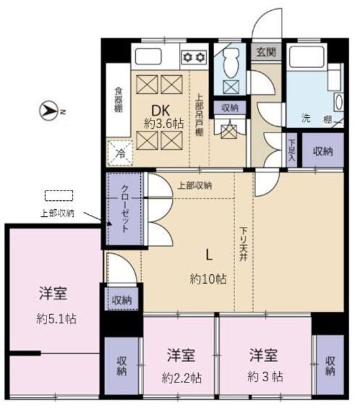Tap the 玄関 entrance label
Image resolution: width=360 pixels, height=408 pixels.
coord(266,52)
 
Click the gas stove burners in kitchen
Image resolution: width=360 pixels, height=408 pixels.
coord(194,57)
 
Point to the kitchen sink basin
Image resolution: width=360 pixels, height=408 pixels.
coord(148,57)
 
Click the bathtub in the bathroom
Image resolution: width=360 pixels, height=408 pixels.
coord(306,55)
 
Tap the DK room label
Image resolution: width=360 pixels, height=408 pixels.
coord(161,111)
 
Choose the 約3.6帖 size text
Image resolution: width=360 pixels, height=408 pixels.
coord(164,124)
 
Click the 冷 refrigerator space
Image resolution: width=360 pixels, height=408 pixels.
coord(120,153)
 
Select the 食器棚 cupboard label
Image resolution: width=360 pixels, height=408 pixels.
coord(119,99)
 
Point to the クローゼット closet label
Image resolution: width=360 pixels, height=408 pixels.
coord(125,209)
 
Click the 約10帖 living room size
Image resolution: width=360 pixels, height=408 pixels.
coord(208,279)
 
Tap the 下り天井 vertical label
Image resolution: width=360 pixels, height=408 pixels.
coord(243,244)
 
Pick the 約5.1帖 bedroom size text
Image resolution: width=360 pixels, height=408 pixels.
coord(56,319)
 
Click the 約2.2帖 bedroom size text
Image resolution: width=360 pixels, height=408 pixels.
coord(182,378)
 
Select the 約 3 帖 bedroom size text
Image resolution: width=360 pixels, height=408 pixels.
coord(265,377)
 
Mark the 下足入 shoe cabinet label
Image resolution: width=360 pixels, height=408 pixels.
coord(292,150)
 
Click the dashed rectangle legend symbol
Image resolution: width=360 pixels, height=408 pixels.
coord(59,196)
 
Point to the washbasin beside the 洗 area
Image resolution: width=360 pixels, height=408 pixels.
coord(338,102)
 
